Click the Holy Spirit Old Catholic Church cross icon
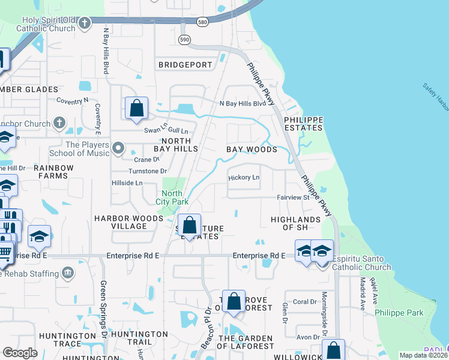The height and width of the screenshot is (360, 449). [85, 23]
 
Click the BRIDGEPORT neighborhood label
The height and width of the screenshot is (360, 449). [185, 65]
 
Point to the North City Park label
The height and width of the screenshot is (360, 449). [172, 197]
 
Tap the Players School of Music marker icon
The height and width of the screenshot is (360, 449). [118, 147]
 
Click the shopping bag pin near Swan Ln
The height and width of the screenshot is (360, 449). [137, 109]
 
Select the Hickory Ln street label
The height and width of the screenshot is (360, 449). [244, 178]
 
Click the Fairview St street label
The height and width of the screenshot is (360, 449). [292, 197]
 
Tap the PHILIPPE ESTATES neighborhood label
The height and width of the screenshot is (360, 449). [303, 124]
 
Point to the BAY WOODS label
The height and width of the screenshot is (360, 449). [252, 149]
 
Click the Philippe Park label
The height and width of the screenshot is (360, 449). [399, 313]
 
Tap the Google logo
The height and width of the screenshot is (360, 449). [20, 353]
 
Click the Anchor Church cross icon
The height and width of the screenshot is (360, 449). [59, 124]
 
